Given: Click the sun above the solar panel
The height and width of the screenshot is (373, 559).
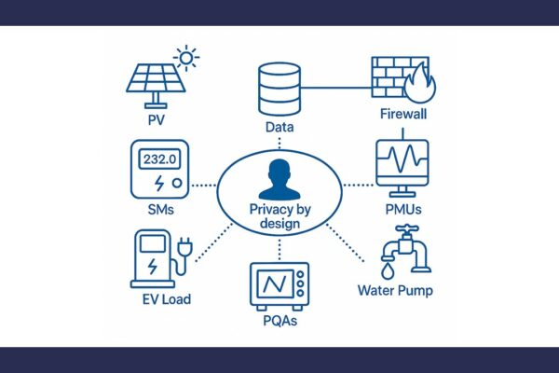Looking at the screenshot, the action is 186,58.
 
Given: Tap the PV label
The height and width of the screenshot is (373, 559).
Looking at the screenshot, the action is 157,120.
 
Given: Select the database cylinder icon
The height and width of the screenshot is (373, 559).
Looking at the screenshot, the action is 279,90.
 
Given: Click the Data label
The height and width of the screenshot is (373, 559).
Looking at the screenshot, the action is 279,127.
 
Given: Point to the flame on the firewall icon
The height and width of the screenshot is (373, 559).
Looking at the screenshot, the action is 420,84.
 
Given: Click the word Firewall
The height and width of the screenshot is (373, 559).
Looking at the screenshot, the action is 403,114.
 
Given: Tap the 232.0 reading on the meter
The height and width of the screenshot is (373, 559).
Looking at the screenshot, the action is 159,159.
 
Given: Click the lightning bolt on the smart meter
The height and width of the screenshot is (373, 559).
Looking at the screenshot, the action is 159,183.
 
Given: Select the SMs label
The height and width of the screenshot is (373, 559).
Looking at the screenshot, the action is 161,210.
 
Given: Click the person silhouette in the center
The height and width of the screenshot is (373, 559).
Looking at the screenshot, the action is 279,180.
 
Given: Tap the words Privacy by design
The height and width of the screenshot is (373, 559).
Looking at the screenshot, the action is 279,216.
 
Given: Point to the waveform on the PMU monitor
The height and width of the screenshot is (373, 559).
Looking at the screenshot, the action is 402,158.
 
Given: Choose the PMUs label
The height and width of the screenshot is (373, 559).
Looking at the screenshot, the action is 403,210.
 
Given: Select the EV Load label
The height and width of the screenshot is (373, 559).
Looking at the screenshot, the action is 167,299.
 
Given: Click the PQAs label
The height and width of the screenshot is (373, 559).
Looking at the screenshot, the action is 279,321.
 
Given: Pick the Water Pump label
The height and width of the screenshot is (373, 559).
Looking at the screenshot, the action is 395,291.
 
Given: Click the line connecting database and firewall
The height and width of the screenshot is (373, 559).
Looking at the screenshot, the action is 336,88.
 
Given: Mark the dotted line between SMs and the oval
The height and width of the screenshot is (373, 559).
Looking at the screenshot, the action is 204,186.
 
